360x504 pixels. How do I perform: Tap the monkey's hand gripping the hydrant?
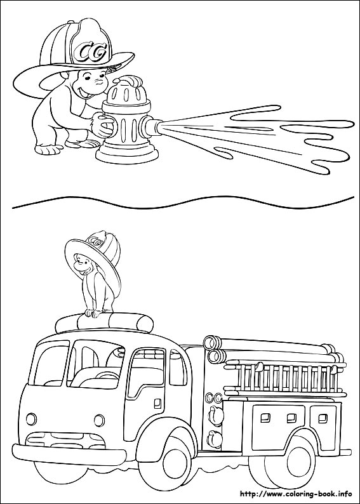[103, 125]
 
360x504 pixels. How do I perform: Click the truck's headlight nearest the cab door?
[98, 420]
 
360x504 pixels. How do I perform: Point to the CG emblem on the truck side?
[217, 398]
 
